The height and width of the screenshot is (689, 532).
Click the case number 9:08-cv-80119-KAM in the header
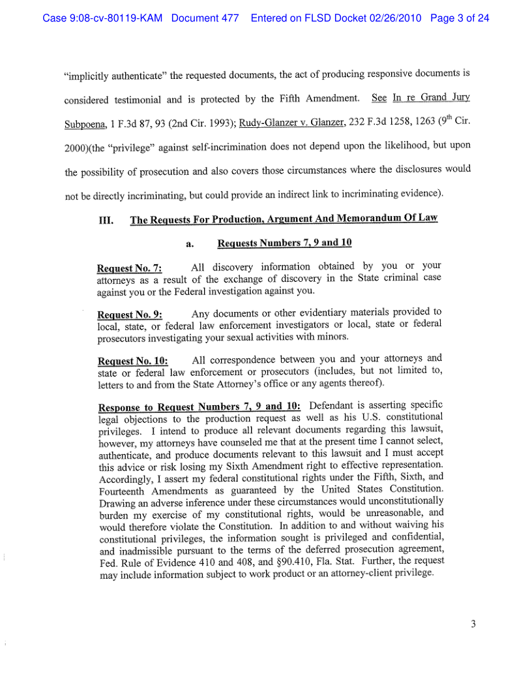pyautogui.click(x=103, y=18)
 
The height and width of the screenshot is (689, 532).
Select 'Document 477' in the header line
pyautogui.click(x=205, y=18)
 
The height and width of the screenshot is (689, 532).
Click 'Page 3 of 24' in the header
pyautogui.click(x=460, y=18)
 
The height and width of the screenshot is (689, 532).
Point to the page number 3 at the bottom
pyautogui.click(x=473, y=624)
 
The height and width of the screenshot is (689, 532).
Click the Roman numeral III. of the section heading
pyautogui.click(x=106, y=220)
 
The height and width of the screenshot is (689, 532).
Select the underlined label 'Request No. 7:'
pyautogui.click(x=129, y=268)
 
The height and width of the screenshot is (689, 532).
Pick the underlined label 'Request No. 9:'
pyautogui.click(x=129, y=314)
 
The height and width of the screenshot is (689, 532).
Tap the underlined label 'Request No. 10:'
pyautogui.click(x=132, y=361)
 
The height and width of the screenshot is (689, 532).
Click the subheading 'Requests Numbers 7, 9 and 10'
pyautogui.click(x=284, y=243)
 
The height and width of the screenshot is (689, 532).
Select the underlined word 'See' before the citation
pyautogui.click(x=379, y=98)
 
